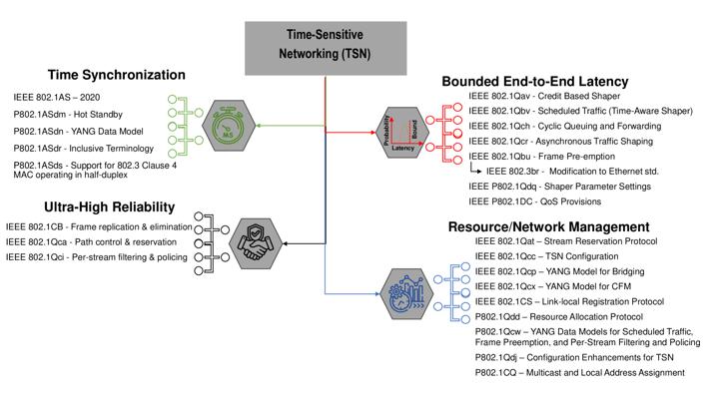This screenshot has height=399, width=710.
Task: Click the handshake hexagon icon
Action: coord(254,242)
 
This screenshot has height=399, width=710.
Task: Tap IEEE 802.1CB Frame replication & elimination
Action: coord(101,226)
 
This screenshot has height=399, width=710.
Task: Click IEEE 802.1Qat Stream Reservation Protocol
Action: coord(571,241)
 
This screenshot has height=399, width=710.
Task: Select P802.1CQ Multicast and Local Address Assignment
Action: coord(579,373)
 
